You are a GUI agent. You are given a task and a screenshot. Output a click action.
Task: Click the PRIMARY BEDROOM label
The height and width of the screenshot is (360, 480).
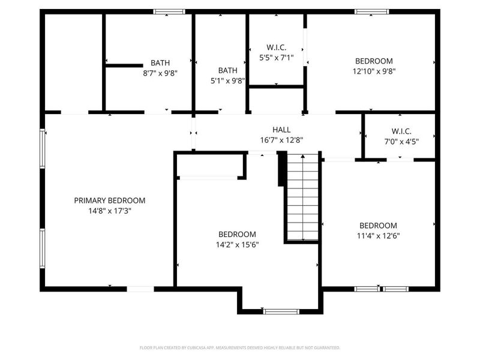point(109,200)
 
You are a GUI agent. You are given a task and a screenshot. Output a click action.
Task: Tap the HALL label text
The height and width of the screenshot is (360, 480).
point(281,130)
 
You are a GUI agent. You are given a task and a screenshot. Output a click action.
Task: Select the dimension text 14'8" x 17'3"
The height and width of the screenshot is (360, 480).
point(109,211)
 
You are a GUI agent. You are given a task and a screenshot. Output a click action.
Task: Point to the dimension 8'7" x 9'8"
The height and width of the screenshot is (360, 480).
point(160,73)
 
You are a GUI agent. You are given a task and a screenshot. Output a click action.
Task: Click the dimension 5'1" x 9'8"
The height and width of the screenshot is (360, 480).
point(228,80)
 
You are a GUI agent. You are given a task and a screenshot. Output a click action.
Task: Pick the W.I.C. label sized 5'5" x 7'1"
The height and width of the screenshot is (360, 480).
point(276,47)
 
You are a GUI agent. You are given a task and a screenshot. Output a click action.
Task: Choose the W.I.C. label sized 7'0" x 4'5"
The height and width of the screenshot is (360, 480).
point(401,131)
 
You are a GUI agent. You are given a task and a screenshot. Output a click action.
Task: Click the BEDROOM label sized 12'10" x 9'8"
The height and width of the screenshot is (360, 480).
point(374,61)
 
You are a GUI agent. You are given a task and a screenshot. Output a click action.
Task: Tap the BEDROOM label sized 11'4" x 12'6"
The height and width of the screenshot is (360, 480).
point(378,226)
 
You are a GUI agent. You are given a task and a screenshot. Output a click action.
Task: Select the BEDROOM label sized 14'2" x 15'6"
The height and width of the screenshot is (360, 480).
point(237,234)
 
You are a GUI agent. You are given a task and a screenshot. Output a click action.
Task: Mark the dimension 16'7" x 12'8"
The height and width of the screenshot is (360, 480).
point(281,140)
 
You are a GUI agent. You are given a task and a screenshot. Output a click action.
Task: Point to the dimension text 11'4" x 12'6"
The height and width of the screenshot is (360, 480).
point(378,236)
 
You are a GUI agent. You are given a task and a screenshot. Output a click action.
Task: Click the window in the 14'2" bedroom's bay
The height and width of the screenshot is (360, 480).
point(281,311)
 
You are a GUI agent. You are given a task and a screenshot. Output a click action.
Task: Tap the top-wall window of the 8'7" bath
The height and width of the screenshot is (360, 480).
point(169,11)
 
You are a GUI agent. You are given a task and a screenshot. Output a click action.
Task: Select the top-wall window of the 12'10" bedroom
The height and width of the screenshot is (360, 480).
point(371,11)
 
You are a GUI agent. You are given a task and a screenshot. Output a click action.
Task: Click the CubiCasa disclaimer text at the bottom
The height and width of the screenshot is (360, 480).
point(240,347)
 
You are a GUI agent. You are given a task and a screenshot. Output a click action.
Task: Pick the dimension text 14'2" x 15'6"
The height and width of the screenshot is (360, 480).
point(237,244)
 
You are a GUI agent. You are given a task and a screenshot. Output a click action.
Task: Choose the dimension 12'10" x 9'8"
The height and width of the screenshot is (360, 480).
point(374,71)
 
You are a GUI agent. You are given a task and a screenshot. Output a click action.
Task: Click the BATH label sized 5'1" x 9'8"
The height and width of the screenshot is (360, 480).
point(228,70)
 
